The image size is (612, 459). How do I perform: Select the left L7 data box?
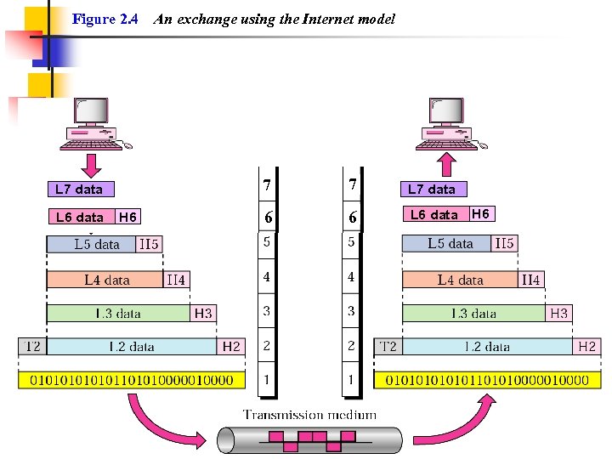[x=80, y=190]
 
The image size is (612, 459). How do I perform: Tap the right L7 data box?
[x=432, y=190]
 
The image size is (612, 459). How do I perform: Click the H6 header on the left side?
[x=127, y=218]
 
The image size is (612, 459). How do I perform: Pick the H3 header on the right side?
[x=558, y=314]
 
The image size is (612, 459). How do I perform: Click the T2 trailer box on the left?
[x=32, y=347]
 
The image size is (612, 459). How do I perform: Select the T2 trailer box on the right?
[x=388, y=347]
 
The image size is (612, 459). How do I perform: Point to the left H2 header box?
[x=231, y=347]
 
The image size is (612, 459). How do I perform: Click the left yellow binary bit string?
[x=132, y=380]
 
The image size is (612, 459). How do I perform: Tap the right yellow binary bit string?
[x=487, y=380]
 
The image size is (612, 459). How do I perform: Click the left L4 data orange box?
[x=106, y=280]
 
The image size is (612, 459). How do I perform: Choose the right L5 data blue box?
[x=448, y=244]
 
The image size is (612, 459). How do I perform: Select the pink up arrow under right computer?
[x=448, y=161]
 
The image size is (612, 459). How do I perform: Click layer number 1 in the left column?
[x=267, y=380]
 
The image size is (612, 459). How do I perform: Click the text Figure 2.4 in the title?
[x=105, y=19]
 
